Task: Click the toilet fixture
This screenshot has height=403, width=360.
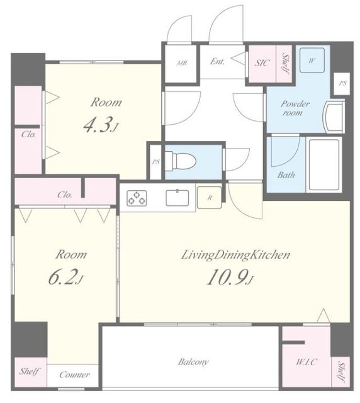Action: coord(181,161)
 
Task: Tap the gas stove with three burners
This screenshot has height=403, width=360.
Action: coord(137,198)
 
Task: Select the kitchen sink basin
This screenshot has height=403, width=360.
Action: coord(177,197)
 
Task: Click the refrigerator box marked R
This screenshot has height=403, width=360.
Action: coord(209,197)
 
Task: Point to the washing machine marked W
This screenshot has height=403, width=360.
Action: coord(312,60)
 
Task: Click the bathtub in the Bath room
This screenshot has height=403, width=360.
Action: coord(323,164)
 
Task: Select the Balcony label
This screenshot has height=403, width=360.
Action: coord(193,362)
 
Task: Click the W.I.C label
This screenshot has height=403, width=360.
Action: coord(307,362)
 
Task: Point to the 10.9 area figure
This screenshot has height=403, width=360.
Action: coord(230,278)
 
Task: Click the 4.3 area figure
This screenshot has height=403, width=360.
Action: coord(101,125)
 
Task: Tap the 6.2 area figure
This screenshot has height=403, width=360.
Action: coord(66,278)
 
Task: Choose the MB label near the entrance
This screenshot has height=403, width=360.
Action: coord(182,63)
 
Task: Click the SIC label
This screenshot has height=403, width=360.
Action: coord(262,63)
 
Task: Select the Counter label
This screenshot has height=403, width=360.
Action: coord(74,375)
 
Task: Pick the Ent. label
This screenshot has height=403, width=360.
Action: coord(217,61)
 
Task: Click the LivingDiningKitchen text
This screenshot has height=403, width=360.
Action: coord(235,255)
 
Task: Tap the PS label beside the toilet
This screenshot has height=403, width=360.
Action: coord(155,162)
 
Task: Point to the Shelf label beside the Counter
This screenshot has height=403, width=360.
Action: coord(30,371)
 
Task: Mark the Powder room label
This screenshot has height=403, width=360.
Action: coord(295,108)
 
